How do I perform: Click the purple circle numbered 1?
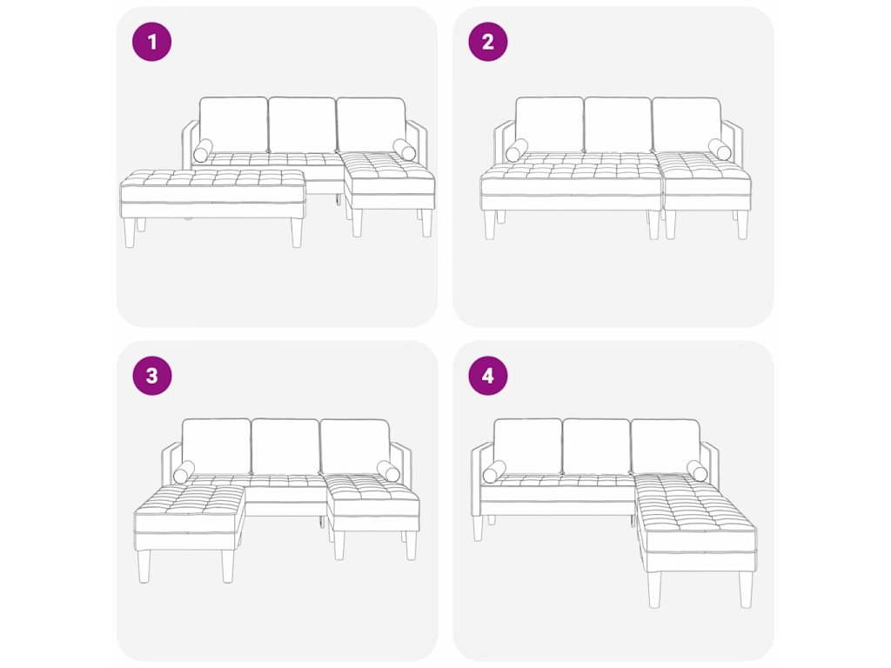(x=151, y=42)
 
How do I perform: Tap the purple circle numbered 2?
(x=487, y=42)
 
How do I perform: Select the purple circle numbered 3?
(x=151, y=376)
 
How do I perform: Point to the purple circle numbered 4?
(x=487, y=376)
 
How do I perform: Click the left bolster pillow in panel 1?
(x=203, y=150)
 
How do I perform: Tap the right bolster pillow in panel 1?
(x=404, y=150)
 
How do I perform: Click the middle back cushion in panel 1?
(x=302, y=125)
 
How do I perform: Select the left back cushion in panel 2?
(x=550, y=125)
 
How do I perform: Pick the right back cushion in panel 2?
(x=687, y=125)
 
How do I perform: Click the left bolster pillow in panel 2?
(x=517, y=150)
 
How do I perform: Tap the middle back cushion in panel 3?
(x=285, y=447)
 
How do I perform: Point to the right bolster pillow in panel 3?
(x=388, y=471)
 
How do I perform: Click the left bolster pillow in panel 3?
(x=184, y=472)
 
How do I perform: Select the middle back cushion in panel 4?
(x=596, y=447)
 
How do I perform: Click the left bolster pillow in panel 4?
(x=494, y=472)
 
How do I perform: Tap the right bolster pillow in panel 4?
(x=697, y=471)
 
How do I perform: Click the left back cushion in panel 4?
(x=527, y=447)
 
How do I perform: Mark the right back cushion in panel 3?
(x=355, y=447)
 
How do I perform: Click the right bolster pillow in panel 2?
(x=720, y=150)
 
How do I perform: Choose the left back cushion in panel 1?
(x=233, y=125)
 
